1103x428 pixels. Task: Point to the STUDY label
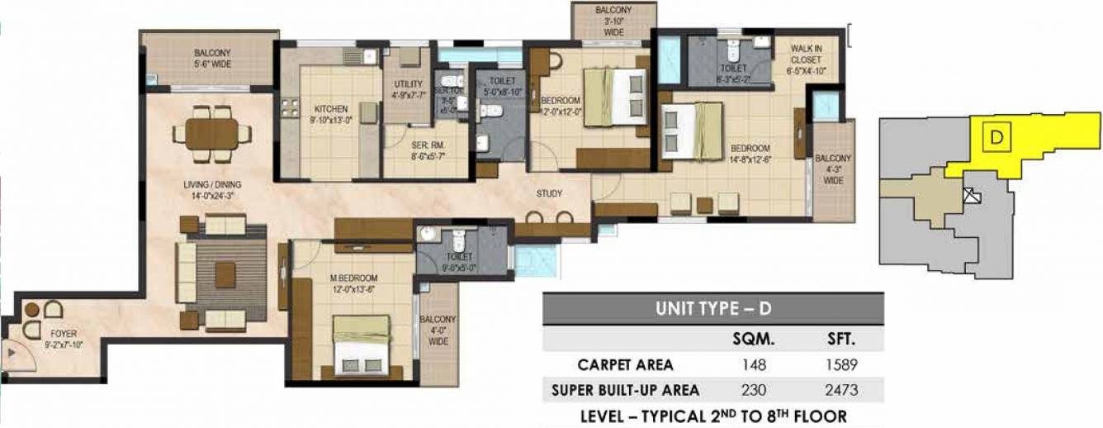[548, 194]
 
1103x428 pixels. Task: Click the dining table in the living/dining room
[211, 132]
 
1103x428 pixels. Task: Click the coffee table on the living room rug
[225, 273]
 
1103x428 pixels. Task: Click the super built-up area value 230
[754, 390]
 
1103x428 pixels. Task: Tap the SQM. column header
[753, 340]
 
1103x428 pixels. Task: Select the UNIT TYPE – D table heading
[712, 309]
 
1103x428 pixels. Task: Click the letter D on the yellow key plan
[996, 138]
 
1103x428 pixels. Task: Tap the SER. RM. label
[428, 150]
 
